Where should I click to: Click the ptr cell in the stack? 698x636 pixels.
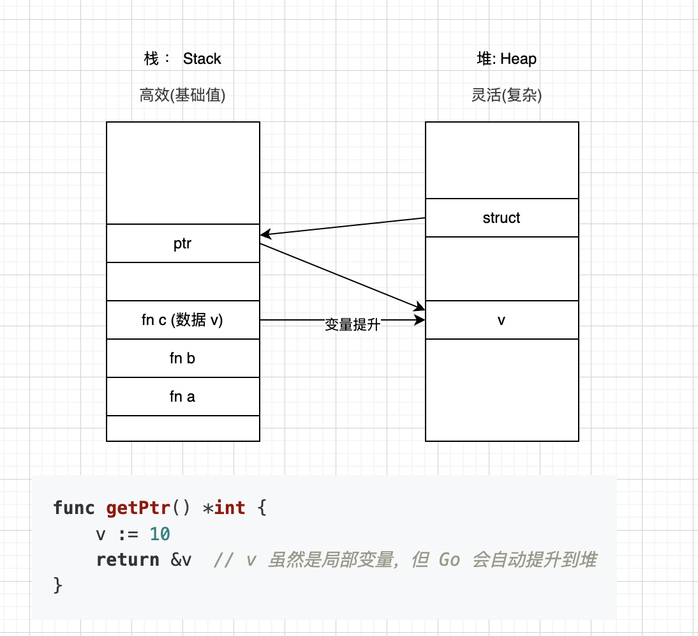coord(182,243)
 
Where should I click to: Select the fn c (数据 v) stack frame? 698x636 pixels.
coord(182,320)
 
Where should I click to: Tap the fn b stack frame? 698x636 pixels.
coord(182,358)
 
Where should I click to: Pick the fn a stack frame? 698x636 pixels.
coord(182,397)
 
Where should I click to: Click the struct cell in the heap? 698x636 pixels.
coord(501,218)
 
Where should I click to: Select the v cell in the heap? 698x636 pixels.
coord(501,320)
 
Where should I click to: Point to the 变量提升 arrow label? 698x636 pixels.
coord(352,325)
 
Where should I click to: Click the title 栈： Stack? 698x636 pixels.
coord(182,59)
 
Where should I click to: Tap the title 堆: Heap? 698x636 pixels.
coord(507,59)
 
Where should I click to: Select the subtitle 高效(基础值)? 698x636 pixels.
coord(182,96)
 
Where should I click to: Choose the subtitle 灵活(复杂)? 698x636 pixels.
coord(507,96)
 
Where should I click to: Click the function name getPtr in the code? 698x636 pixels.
coord(138,508)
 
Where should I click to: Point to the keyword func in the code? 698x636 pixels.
coord(74,508)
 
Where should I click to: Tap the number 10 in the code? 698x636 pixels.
coord(160,534)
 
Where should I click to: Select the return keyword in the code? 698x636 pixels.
coord(128,560)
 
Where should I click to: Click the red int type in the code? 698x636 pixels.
coord(230,508)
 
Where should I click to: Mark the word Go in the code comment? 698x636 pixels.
coord(449,560)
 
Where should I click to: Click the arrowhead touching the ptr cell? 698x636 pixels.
coord(264,234)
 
